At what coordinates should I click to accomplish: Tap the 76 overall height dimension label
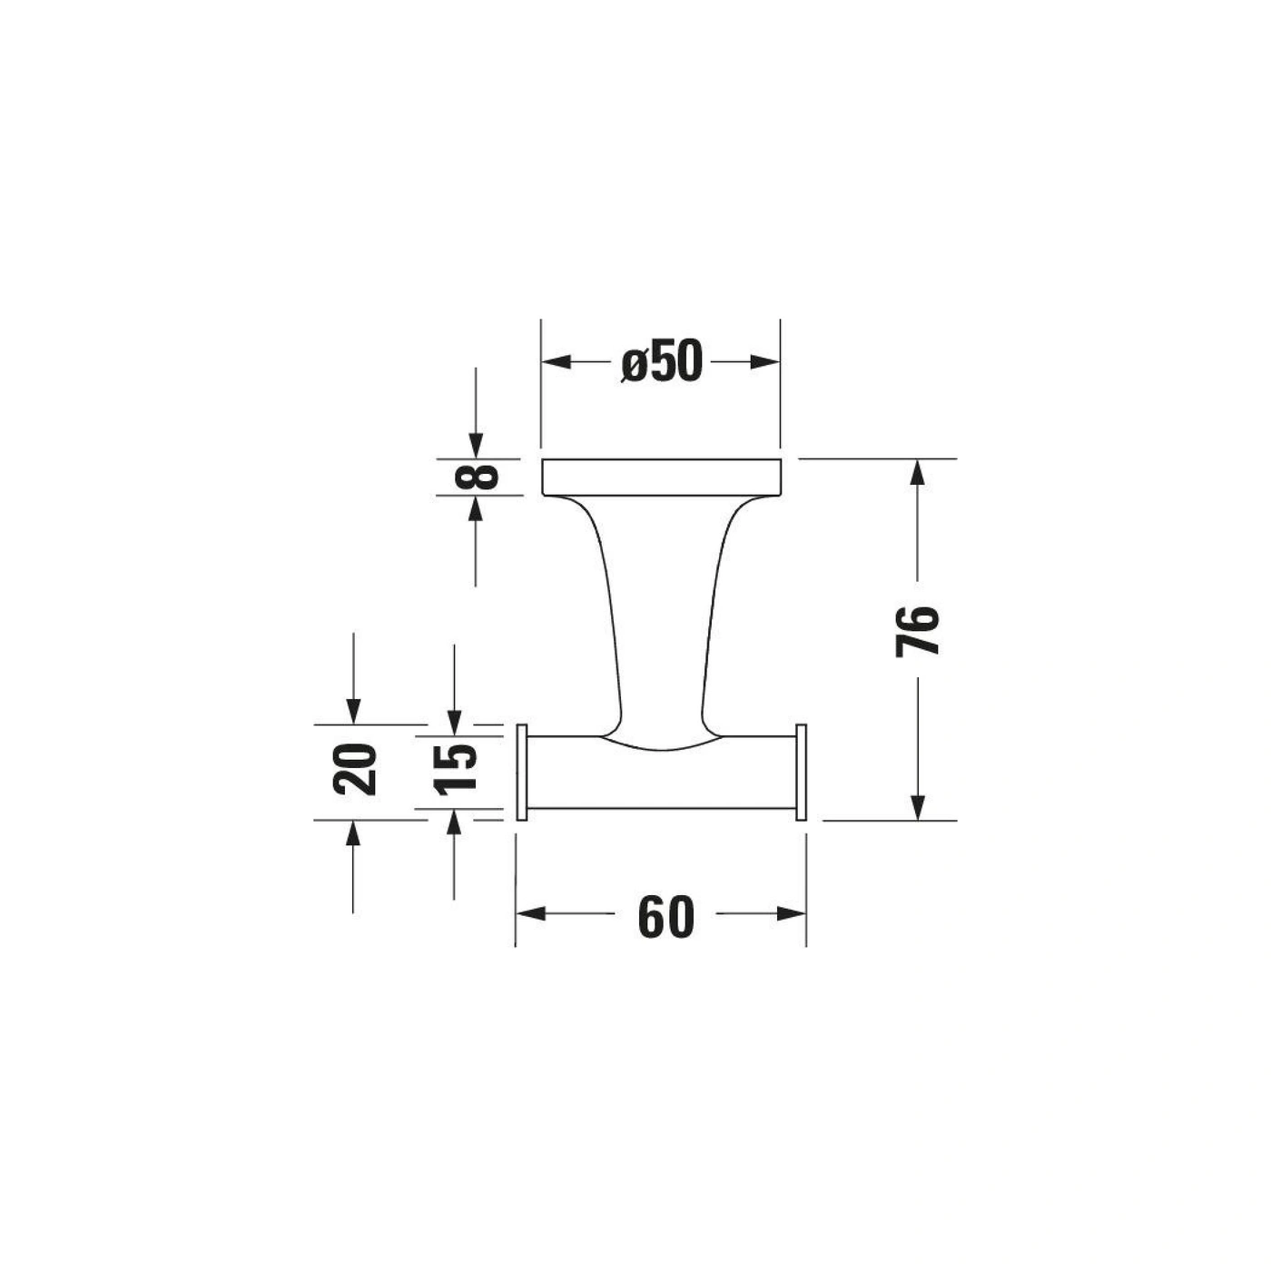click(917, 631)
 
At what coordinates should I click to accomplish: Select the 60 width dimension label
click(666, 917)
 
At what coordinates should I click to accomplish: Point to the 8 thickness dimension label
click(477, 476)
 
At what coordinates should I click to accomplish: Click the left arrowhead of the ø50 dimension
click(556, 361)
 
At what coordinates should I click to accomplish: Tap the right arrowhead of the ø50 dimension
click(764, 361)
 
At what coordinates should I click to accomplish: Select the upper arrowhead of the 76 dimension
click(917, 474)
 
